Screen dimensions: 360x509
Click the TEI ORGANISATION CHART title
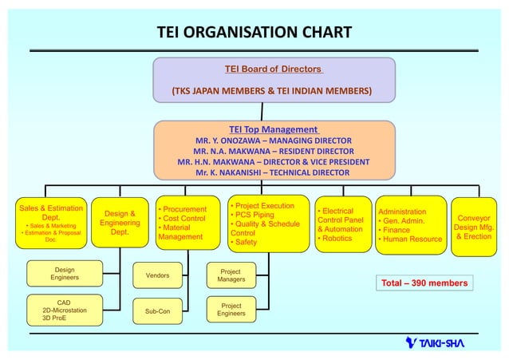[253, 33]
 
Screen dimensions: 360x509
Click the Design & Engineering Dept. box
[120, 223]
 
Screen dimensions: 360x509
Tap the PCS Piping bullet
[254, 215]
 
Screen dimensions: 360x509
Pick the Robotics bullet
[336, 238]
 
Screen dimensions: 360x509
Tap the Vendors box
[157, 275]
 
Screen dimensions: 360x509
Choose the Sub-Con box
[157, 311]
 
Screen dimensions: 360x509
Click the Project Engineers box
[231, 311]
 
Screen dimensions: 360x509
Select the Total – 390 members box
[422, 283]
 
